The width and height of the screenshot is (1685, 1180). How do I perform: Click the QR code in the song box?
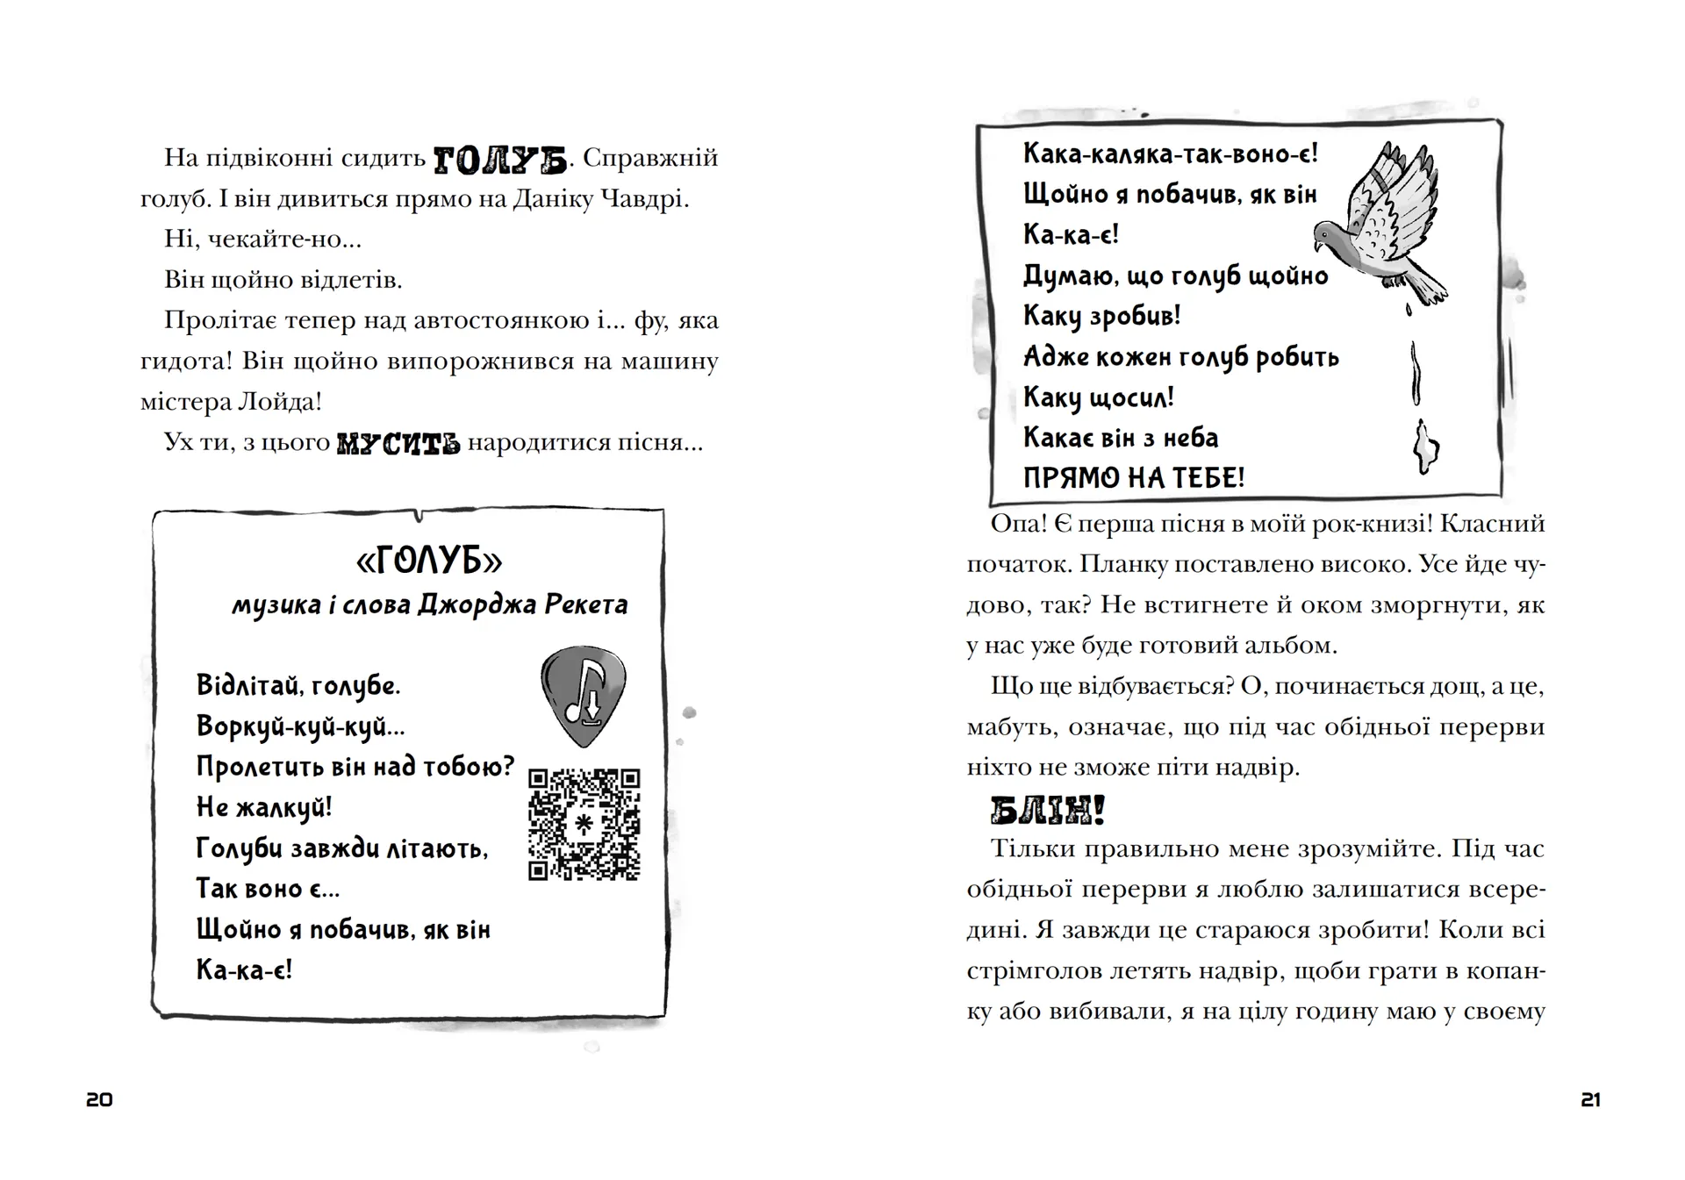584,824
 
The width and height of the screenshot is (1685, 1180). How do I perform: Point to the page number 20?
99,1099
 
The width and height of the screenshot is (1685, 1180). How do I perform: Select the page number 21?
1590,1099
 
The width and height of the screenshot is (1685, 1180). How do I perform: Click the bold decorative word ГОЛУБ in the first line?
500,159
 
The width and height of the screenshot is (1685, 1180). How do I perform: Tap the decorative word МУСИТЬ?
398,442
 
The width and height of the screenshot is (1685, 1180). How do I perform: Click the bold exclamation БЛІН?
1046,811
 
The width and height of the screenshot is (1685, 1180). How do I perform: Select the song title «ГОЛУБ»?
430,560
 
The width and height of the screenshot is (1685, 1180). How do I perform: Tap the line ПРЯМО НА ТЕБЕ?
1134,478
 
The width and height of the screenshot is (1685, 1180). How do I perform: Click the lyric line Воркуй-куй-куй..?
300,726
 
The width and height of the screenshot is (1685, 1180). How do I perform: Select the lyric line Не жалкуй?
263,807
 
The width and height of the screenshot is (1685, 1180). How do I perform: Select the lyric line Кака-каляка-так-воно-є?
1170,154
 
